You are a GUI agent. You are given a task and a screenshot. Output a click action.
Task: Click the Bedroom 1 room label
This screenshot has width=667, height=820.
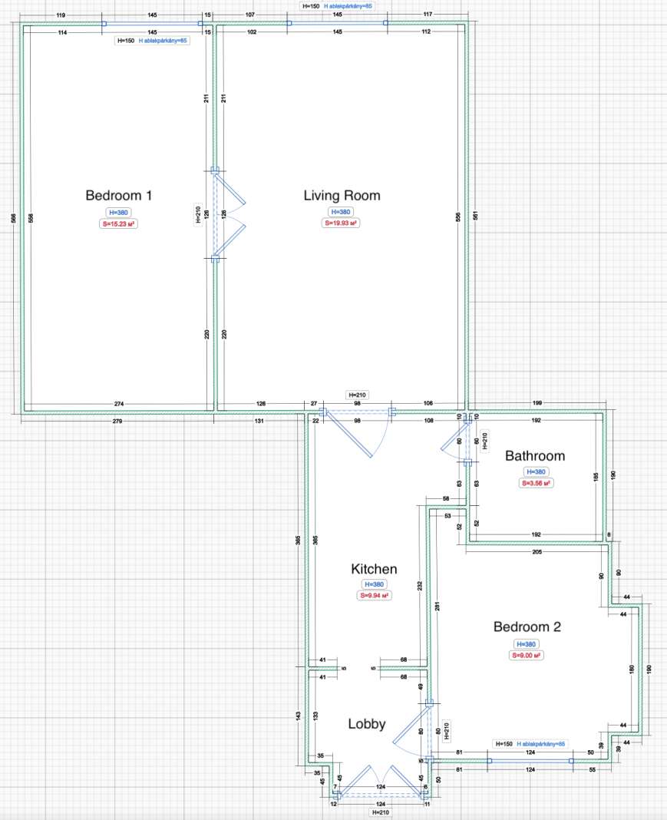click(x=118, y=196)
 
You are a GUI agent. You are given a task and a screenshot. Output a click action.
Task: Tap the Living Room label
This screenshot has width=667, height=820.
click(x=342, y=196)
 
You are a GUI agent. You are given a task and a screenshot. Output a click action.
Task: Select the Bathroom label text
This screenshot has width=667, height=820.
click(x=534, y=456)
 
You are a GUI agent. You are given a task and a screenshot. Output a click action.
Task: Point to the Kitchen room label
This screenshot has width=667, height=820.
click(x=374, y=569)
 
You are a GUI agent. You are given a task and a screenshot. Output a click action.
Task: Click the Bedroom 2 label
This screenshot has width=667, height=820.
click(x=527, y=627)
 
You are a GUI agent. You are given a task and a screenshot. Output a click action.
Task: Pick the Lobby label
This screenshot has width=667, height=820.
click(x=367, y=724)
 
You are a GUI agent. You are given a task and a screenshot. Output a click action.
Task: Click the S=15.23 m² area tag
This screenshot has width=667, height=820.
click(x=118, y=224)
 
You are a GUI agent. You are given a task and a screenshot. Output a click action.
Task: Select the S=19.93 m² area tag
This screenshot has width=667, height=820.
click(x=341, y=223)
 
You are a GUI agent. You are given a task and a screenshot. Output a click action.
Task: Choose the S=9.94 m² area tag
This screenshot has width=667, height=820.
click(x=374, y=595)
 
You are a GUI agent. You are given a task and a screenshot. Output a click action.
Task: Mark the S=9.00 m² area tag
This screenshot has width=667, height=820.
click(x=527, y=656)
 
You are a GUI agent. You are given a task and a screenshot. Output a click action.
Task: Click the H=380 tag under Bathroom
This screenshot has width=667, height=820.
click(x=535, y=472)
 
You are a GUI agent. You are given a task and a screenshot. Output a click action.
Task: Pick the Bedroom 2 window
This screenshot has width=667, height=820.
click(x=530, y=760)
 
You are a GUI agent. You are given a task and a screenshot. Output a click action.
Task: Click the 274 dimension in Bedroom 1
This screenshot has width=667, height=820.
click(x=118, y=404)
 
